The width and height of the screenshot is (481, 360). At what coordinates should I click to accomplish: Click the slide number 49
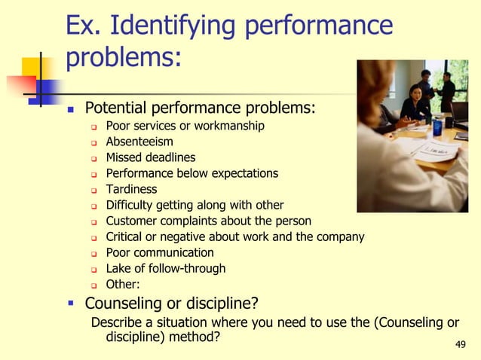(x=461, y=345)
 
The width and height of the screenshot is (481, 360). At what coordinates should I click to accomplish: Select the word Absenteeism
(x=139, y=142)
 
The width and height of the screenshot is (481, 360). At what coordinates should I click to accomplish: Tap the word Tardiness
(x=131, y=189)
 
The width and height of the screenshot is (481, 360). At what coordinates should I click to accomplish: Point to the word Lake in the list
(x=118, y=268)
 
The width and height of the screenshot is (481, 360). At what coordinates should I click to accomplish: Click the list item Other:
(x=122, y=285)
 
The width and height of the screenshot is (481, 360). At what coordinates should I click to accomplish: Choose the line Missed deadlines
(x=150, y=157)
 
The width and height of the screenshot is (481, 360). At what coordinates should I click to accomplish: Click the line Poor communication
(x=159, y=252)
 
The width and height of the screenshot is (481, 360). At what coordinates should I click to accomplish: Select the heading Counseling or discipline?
(x=171, y=304)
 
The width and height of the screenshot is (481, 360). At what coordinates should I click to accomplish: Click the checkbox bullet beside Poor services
(x=94, y=127)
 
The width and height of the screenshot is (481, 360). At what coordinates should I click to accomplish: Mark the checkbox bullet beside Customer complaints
(x=94, y=221)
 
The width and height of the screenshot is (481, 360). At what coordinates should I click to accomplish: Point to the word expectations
(x=241, y=173)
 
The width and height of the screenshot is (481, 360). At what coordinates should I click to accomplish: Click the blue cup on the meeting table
(x=437, y=127)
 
